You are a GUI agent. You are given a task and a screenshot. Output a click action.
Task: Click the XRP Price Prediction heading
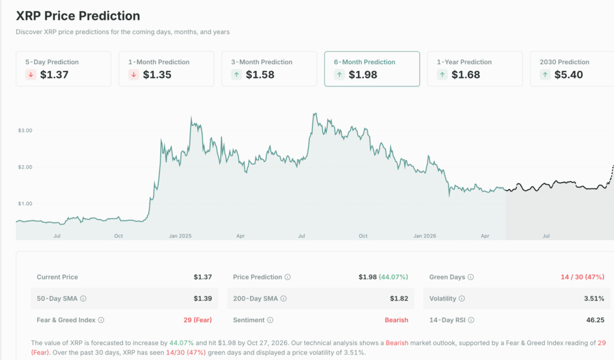click(78, 16)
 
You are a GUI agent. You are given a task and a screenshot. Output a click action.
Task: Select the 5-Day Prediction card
click(64, 68)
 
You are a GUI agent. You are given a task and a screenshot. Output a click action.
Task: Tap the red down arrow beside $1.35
click(134, 75)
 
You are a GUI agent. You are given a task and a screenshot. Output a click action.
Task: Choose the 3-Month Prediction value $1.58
click(261, 75)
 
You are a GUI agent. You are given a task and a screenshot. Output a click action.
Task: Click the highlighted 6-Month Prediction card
click(372, 68)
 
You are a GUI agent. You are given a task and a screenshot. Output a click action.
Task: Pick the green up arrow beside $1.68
click(442, 75)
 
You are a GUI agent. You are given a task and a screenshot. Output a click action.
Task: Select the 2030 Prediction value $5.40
click(569, 75)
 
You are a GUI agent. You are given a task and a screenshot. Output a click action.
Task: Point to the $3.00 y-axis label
click(25, 130)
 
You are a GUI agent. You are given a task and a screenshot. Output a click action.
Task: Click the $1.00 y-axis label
click(25, 203)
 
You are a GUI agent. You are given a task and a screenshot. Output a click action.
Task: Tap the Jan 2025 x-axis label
click(180, 236)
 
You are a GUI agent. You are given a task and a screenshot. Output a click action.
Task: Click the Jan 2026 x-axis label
click(425, 236)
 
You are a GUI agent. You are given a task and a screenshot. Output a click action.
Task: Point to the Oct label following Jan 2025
click(363, 236)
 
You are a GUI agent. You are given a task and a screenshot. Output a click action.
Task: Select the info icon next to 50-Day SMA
click(83, 299)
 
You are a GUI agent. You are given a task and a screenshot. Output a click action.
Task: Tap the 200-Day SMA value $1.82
click(399, 299)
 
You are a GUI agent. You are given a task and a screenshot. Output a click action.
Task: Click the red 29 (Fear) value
click(197, 320)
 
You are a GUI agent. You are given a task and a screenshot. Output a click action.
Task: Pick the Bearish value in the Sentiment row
click(396, 320)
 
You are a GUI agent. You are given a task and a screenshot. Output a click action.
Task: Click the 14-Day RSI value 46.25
click(595, 320)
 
